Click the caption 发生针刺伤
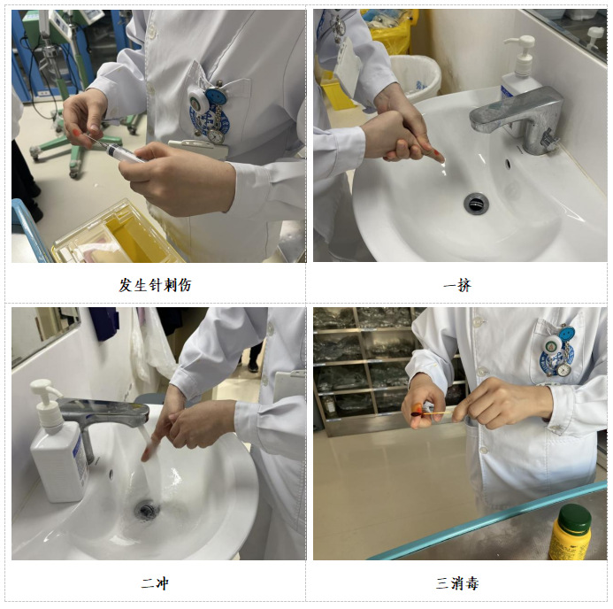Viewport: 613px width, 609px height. point(155,285)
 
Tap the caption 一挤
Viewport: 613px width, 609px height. point(457,285)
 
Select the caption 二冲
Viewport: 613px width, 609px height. point(155,583)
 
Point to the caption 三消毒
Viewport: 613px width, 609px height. point(457,583)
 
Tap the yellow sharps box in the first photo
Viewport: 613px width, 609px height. point(118,235)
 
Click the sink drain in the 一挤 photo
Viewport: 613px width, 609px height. point(476,203)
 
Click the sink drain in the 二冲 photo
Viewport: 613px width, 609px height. point(147,510)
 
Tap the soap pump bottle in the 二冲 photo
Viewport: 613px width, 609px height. point(57,442)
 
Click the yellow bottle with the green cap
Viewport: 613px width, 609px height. point(570,532)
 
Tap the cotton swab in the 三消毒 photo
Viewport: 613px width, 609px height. point(433,413)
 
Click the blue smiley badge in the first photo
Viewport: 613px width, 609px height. point(214,96)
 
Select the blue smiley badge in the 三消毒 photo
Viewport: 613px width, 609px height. point(566,335)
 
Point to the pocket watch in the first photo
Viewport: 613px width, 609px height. point(216,136)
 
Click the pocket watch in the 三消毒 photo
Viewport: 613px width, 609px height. point(562,370)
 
